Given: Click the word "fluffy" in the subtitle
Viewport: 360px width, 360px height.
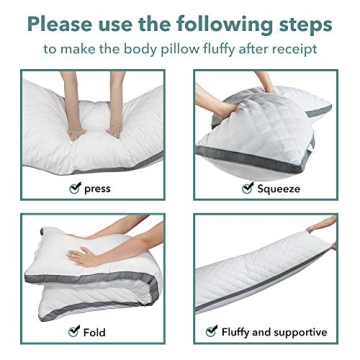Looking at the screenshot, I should (x=211, y=47).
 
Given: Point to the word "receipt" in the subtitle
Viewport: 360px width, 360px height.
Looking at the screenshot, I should (x=291, y=47).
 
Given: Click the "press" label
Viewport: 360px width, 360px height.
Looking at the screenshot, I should (x=98, y=188).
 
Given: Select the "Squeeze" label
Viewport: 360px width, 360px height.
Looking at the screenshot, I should (x=278, y=188).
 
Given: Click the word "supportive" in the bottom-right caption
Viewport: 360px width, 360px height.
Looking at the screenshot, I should (x=299, y=331).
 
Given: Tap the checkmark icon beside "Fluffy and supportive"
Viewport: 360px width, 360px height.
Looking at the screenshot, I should (x=211, y=331).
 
